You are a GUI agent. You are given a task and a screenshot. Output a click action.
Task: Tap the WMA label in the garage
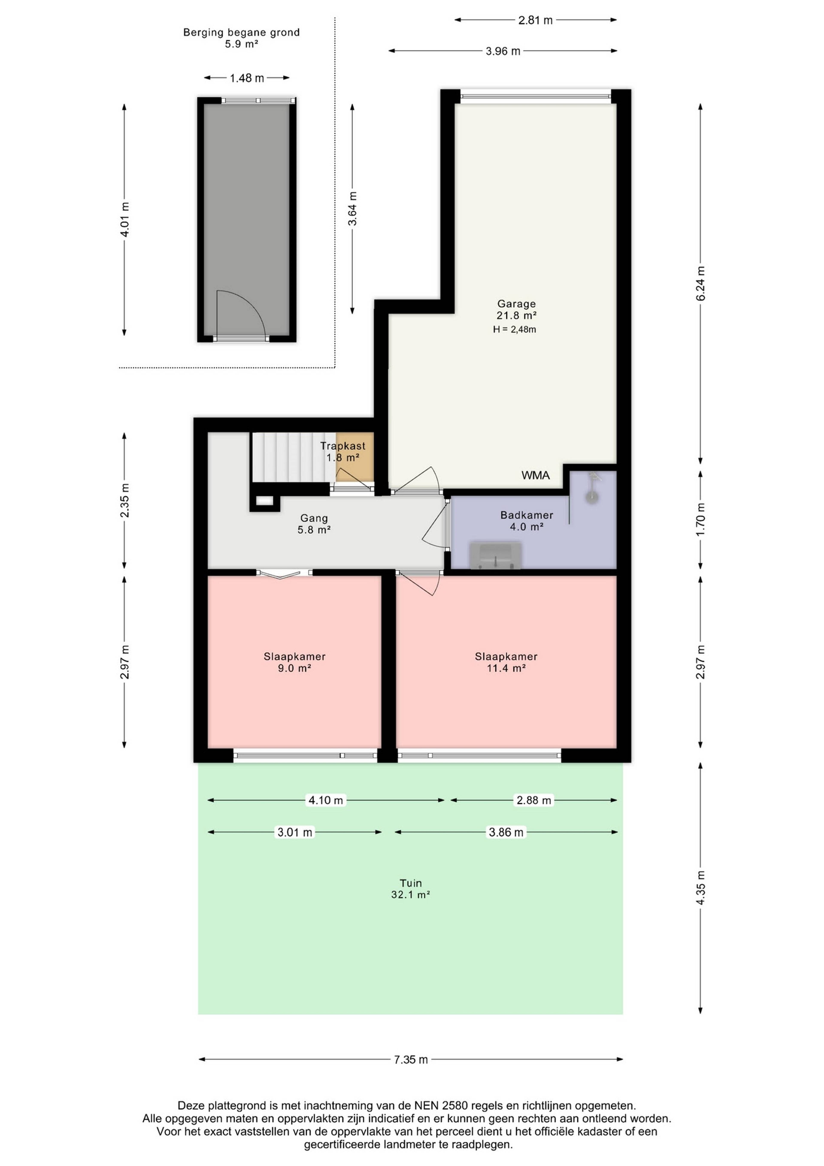coord(535,475)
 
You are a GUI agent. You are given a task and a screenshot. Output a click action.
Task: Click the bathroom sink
coord(495,555)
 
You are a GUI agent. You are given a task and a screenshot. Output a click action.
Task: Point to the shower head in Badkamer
coord(592,497)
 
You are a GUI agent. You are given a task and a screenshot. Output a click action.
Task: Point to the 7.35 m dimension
coord(410,1059)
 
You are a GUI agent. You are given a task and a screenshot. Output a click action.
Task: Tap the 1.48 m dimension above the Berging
coord(247,78)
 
